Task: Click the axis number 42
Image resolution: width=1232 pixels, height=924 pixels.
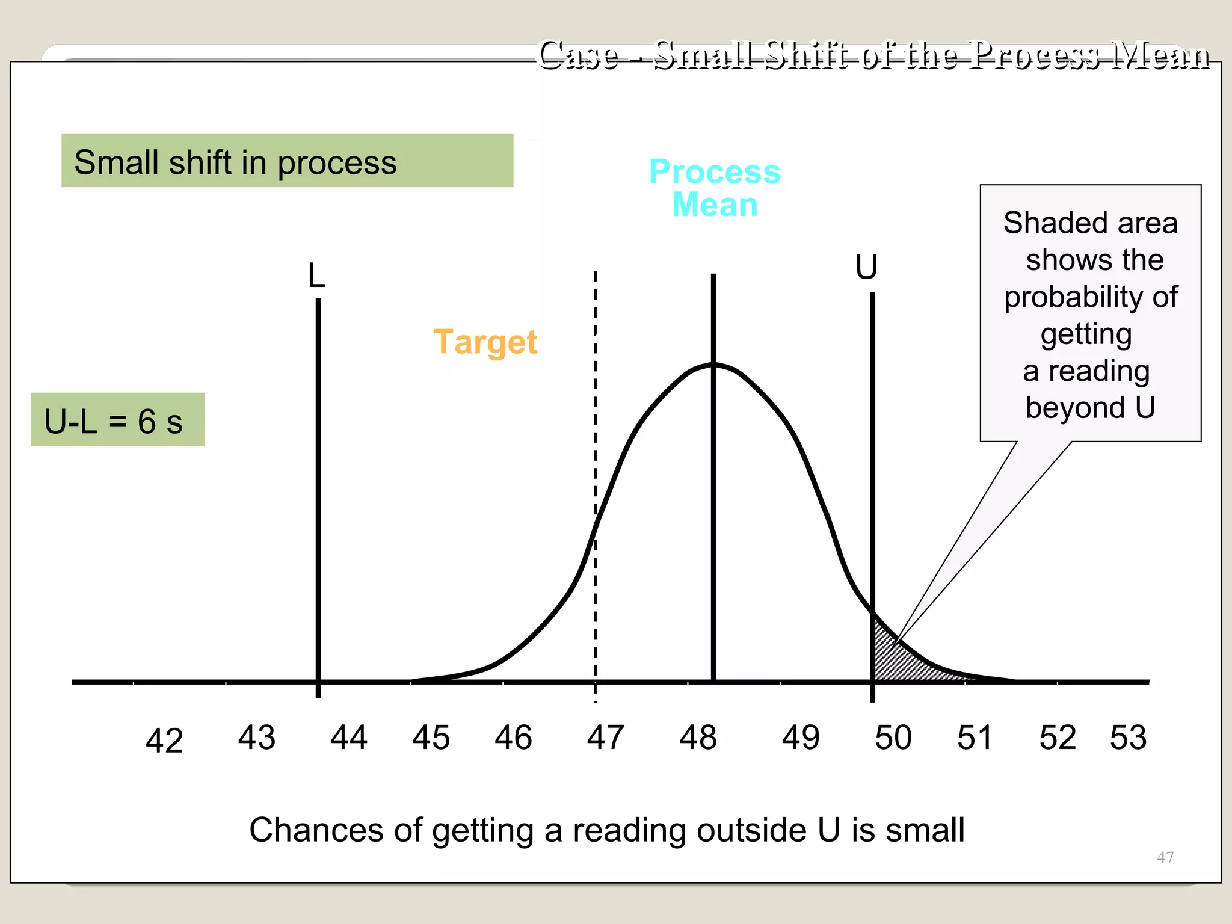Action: (164, 741)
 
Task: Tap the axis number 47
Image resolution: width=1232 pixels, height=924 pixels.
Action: (605, 738)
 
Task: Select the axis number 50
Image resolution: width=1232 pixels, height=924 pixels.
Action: (893, 738)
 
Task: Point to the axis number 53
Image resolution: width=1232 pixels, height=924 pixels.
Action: (1128, 738)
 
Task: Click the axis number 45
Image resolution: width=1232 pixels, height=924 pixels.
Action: (431, 738)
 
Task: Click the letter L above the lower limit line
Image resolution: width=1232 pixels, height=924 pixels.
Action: (316, 276)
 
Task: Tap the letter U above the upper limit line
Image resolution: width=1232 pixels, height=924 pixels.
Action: (866, 267)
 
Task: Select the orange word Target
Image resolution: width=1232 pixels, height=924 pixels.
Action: (485, 342)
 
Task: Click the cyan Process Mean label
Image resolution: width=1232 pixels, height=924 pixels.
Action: (715, 188)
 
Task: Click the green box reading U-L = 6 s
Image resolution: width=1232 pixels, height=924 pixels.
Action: (118, 420)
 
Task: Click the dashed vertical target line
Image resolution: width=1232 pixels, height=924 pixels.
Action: (596, 421)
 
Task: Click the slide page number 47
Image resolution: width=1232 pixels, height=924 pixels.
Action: (1165, 857)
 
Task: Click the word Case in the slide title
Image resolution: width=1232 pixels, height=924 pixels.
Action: (578, 55)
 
